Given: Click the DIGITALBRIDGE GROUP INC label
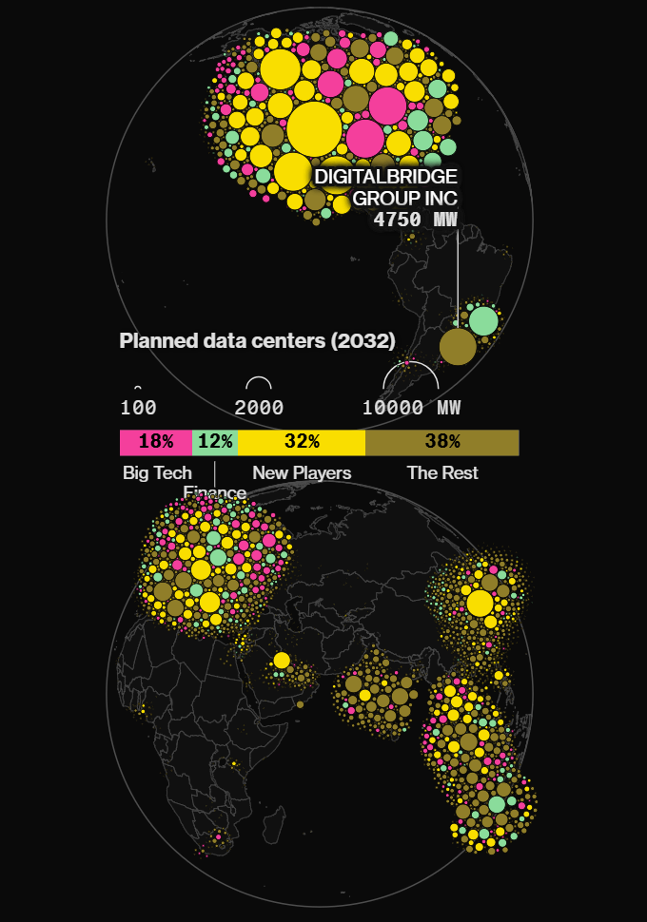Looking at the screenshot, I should click(385, 187).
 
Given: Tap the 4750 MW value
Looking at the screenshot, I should click(416, 220).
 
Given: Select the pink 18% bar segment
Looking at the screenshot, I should click(156, 442).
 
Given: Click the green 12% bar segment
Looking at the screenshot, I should click(215, 442).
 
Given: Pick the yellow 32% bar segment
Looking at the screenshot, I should click(302, 442).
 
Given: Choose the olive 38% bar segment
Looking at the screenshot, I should click(442, 442).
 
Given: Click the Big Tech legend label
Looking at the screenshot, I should click(157, 472).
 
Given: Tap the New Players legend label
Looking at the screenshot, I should click(302, 472).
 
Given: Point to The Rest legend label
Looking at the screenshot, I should click(442, 472).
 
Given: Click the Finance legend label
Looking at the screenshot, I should click(215, 492).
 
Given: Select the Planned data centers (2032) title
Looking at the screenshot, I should click(257, 341).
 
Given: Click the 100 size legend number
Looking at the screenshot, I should click(139, 409).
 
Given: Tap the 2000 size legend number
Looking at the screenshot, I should click(259, 409).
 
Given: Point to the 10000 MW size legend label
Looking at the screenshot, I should click(411, 409).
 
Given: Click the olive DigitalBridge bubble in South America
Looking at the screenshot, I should click(458, 346).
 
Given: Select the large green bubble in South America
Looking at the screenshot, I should click(482, 320).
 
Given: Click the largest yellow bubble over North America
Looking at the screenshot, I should click(313, 129).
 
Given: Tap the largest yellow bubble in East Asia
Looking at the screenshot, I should click(480, 603).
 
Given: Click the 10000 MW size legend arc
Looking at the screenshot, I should click(410, 367).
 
